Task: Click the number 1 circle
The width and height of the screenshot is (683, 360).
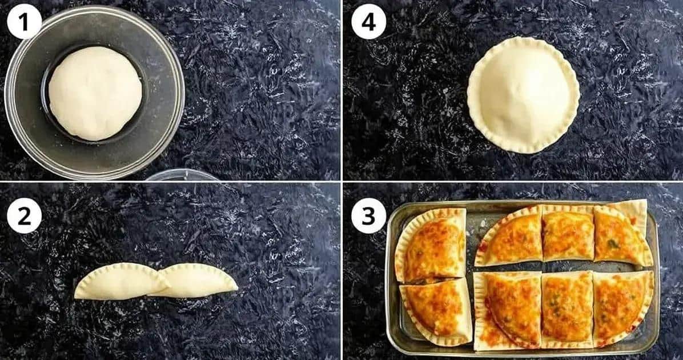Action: pos(24,22)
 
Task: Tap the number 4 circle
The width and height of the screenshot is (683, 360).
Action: pos(368,22)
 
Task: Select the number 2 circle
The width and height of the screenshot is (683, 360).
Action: pos(24,216)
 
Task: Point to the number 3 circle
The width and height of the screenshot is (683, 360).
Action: pos(368,216)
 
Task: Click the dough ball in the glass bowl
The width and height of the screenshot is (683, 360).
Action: pos(95,93)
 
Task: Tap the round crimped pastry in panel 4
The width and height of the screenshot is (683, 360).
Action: pos(523,95)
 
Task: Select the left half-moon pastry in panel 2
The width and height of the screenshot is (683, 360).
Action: pos(121,282)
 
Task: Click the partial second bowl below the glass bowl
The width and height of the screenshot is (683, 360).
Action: pos(182,175)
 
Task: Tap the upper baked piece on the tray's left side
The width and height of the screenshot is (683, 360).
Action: pos(431,245)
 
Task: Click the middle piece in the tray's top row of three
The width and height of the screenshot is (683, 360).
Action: pos(568,233)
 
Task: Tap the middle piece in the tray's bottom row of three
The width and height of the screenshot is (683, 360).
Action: pos(567,309)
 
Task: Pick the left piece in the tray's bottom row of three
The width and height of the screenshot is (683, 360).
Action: pos(508,311)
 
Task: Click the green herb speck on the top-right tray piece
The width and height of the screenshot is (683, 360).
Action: pos(614,244)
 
